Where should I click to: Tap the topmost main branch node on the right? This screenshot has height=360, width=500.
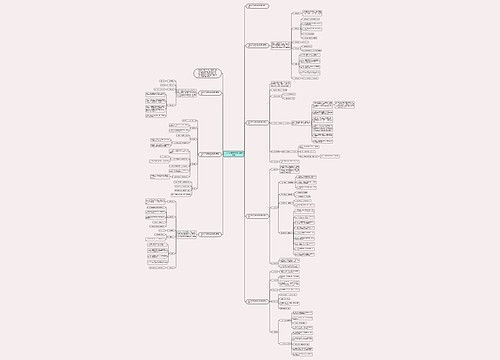(257, 7)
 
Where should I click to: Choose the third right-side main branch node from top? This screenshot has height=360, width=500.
(258, 123)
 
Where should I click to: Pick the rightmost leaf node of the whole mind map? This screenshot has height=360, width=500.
(345, 104)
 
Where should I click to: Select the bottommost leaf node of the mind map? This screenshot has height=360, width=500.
(302, 353)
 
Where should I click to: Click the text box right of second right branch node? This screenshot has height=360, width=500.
(280, 45)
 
